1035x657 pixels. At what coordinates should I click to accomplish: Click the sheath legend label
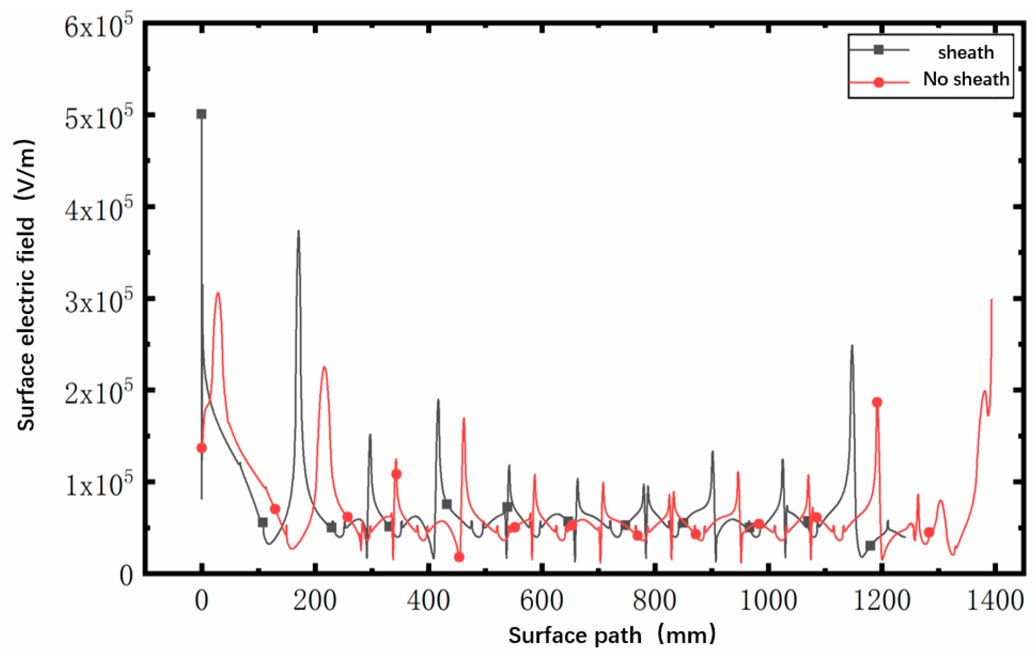click(965, 52)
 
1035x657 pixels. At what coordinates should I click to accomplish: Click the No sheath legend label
click(965, 79)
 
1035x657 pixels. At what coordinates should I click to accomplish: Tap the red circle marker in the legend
click(878, 82)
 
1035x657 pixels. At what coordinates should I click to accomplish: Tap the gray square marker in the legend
click(878, 50)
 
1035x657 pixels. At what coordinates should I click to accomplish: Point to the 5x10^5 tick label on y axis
click(98, 118)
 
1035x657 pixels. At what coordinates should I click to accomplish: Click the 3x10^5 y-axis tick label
click(98, 301)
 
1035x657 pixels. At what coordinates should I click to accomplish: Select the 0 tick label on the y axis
click(127, 576)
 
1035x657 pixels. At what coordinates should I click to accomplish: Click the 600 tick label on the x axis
click(541, 601)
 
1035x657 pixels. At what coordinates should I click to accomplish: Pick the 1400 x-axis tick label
click(994, 601)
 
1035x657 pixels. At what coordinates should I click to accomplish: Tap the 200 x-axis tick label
click(314, 601)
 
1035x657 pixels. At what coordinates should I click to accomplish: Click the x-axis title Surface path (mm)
click(611, 635)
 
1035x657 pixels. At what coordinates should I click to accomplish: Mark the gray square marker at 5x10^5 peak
click(201, 114)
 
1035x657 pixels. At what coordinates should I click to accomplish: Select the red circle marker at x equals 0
click(201, 448)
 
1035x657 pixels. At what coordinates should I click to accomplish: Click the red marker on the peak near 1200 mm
click(877, 402)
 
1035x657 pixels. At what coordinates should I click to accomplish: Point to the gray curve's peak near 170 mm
click(298, 231)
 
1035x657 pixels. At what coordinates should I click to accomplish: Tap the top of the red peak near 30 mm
click(217, 293)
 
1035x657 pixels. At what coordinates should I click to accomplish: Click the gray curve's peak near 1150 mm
click(852, 346)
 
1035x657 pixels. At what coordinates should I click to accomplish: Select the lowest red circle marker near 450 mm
click(459, 557)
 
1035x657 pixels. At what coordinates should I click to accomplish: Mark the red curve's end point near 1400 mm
click(992, 299)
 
